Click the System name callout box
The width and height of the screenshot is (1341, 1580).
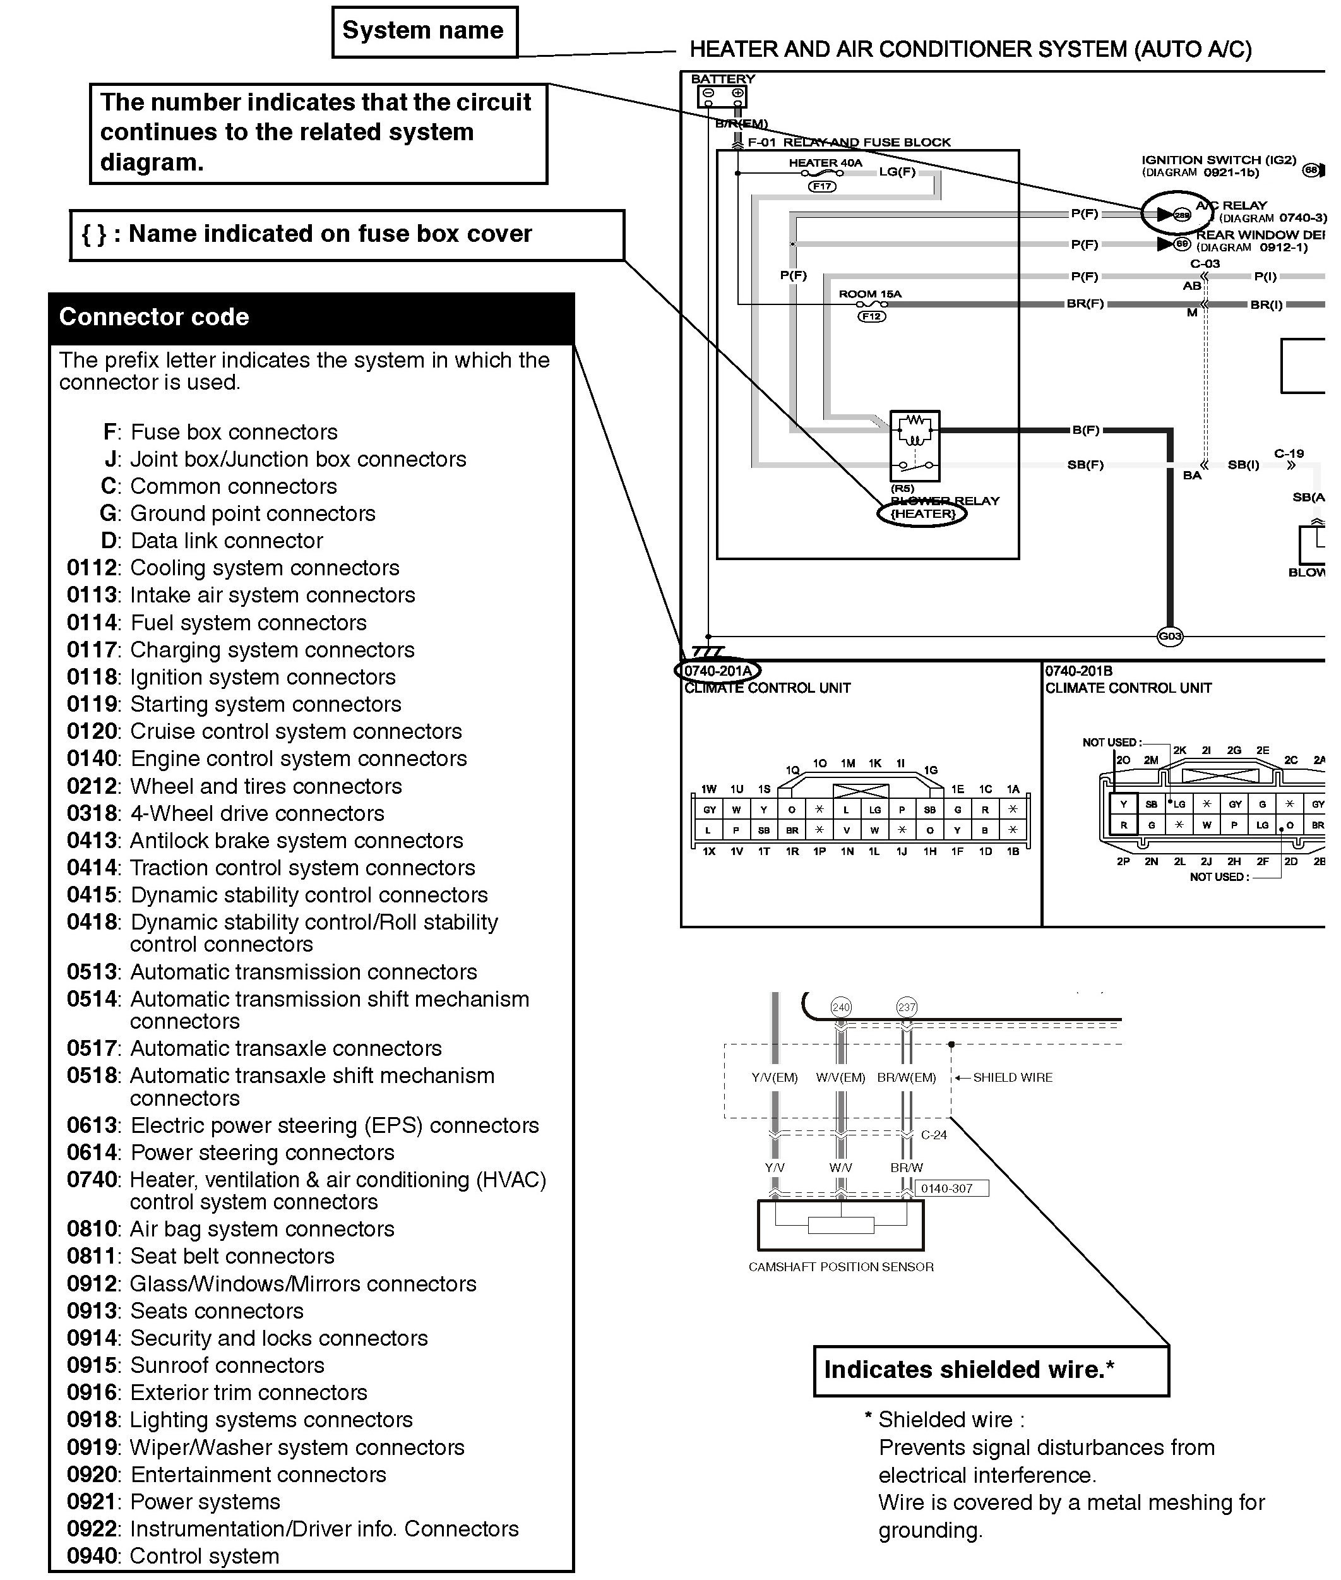424,32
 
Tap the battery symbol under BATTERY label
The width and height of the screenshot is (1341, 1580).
722,97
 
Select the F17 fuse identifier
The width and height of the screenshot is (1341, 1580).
822,186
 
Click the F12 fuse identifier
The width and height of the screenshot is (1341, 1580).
871,316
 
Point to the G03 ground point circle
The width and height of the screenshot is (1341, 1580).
1169,637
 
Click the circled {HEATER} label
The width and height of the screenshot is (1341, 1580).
922,514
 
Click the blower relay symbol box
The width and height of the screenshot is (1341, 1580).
915,446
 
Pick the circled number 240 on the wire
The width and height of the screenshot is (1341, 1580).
840,1007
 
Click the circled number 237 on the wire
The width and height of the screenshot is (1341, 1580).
906,1007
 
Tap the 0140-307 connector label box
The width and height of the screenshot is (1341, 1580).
946,1188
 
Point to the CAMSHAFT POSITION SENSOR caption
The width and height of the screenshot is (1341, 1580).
841,1267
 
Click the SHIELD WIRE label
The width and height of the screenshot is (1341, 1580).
1013,1077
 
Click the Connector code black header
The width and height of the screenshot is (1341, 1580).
311,317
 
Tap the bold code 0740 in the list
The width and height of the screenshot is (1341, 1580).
93,1179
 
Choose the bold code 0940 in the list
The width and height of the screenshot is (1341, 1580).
93,1555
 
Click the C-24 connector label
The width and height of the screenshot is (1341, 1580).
934,1135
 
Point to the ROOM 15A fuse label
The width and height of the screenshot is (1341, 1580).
869,294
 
